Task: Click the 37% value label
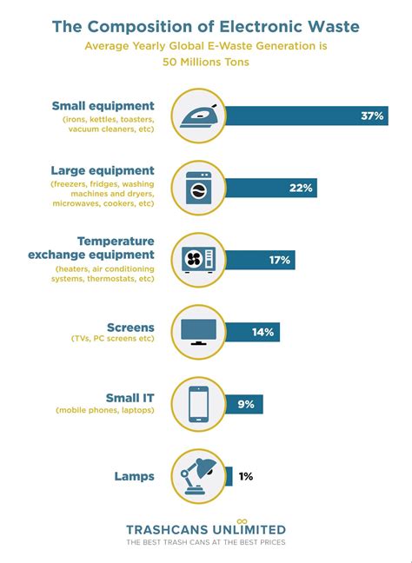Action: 372,116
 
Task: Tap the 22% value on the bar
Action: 302,188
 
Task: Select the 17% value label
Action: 281,259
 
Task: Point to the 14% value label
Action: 263,331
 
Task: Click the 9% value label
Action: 246,403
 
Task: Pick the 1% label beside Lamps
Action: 246,475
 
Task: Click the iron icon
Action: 199,116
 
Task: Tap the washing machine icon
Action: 199,188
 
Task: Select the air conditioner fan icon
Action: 199,259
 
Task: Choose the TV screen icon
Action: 199,331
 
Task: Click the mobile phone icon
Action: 199,403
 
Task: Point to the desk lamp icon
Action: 199,475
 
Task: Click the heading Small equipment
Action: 103,106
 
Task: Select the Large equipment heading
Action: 103,171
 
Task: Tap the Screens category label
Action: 130,328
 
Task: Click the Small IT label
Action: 130,398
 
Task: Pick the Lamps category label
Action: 134,476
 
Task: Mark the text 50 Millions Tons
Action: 206,62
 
